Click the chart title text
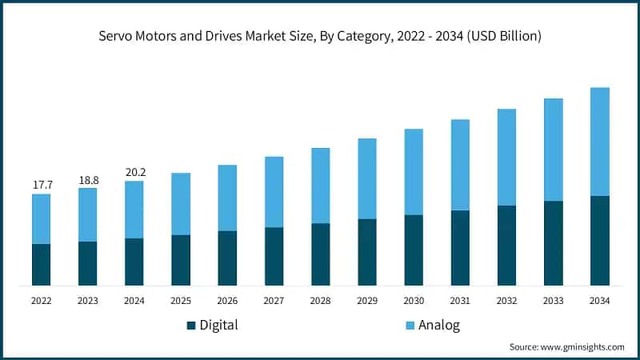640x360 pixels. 320,35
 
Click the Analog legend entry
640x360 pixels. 436,325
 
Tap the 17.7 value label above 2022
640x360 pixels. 42,185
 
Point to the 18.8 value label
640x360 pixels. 87,179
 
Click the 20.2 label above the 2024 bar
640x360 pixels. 134,172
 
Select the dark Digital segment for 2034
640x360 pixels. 599,240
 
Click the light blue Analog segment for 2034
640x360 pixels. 599,142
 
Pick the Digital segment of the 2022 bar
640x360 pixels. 42,264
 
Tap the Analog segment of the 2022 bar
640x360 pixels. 42,218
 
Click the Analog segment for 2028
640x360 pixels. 320,186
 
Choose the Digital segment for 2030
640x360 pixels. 414,250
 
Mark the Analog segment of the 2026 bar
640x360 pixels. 227,198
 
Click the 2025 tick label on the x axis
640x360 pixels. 181,301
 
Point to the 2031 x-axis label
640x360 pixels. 460,301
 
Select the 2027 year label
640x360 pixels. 274,301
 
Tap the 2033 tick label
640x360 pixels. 553,301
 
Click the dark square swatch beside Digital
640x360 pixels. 191,326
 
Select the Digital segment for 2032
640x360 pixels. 506,245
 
